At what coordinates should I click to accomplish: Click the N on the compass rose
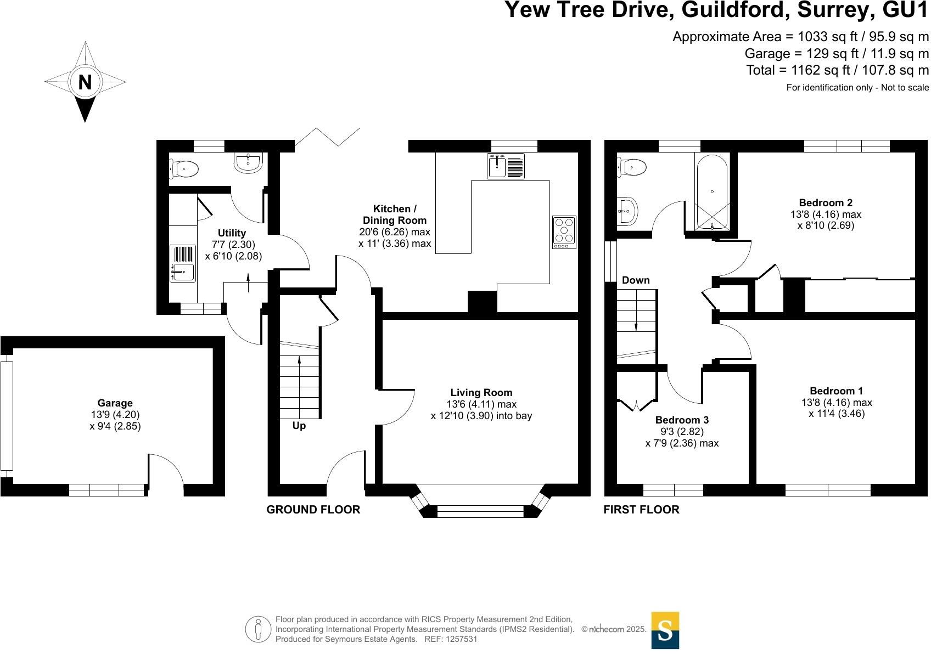pos(85,82)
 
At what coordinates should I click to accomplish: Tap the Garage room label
pos(115,403)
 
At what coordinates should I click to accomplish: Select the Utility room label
pos(232,233)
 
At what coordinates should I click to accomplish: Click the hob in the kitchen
pos(564,231)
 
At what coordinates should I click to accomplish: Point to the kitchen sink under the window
pos(506,166)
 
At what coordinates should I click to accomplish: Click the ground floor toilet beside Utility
pos(185,169)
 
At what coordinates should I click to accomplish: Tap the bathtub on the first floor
pos(712,191)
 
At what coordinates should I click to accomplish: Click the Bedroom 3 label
pos(682,420)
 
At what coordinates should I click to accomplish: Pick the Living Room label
pos(481,392)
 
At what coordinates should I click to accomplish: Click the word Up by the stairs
pos(299,426)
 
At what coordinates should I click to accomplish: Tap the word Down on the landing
pos(636,280)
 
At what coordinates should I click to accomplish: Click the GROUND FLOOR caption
pos(313,510)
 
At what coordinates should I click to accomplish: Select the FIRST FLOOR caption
pos(641,510)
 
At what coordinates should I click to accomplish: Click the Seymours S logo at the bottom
pos(665,630)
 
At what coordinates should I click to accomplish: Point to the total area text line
pos(837,70)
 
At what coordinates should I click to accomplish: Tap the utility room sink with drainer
pos(182,263)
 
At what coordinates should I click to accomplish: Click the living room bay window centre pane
pos(480,512)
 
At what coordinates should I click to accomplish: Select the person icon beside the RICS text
pos(259,630)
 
